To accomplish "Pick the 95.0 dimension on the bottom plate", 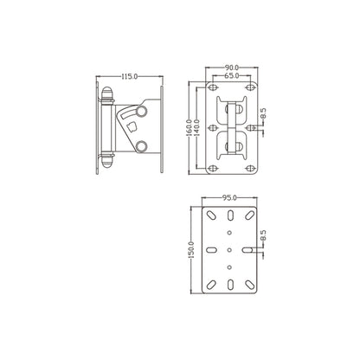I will coord(228,198).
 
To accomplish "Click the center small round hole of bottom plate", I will coord(228,250).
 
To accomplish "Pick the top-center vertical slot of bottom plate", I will coord(228,216).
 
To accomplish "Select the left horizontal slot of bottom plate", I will coord(210,250).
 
